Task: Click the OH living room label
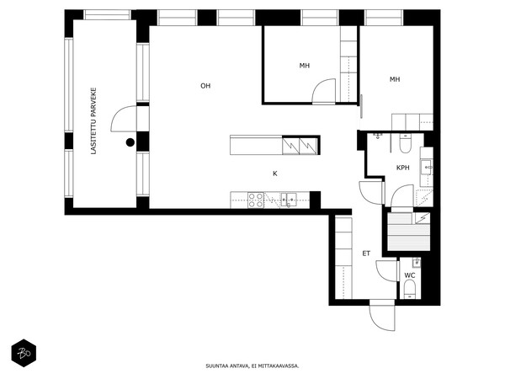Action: tap(205, 86)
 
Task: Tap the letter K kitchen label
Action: tap(275, 173)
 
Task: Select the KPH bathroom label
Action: tap(403, 168)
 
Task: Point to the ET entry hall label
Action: tap(366, 254)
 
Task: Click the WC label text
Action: tap(410, 275)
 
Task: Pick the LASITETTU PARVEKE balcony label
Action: tap(93, 121)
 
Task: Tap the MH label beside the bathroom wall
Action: tap(395, 79)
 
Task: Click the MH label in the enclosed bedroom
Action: tap(305, 66)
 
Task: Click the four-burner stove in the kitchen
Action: tap(256, 200)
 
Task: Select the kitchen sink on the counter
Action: tap(288, 199)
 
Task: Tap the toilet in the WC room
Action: tap(410, 289)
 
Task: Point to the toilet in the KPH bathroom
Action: tap(405, 144)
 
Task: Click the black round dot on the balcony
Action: tap(130, 142)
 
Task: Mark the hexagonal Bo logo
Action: tap(24, 353)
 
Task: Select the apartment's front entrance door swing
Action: tap(382, 315)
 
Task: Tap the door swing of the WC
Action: tap(386, 270)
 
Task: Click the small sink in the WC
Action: tap(417, 262)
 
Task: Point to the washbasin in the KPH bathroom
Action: tap(427, 168)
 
